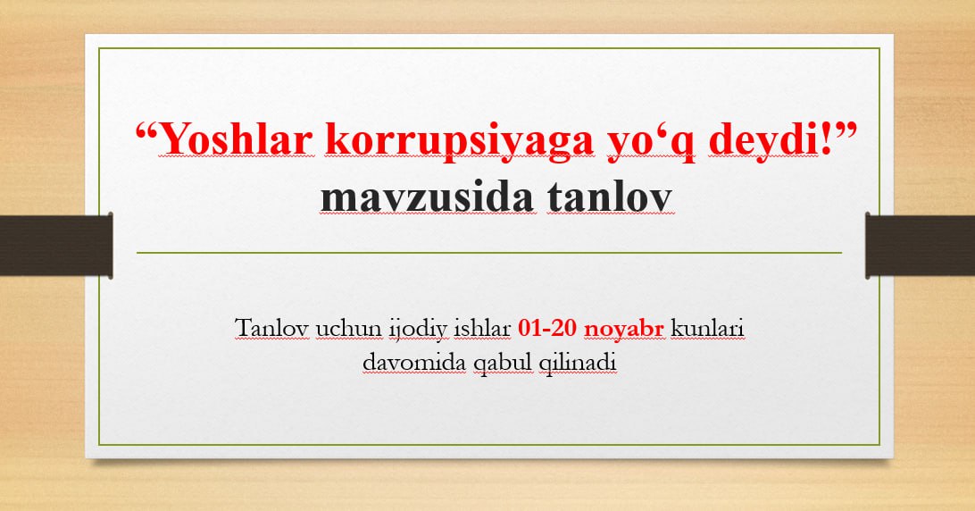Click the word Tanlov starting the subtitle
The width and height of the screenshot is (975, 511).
pos(272,327)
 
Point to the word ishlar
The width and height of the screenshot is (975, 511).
pos(482,327)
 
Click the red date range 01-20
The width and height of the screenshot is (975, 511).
pos(547,327)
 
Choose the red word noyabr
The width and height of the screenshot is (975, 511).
pos(624,330)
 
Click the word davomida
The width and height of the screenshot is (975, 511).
pos(414,362)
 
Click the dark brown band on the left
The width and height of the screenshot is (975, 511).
pos(56,246)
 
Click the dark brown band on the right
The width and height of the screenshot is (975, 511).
pos(921,246)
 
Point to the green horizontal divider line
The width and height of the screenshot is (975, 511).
pos(489,253)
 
